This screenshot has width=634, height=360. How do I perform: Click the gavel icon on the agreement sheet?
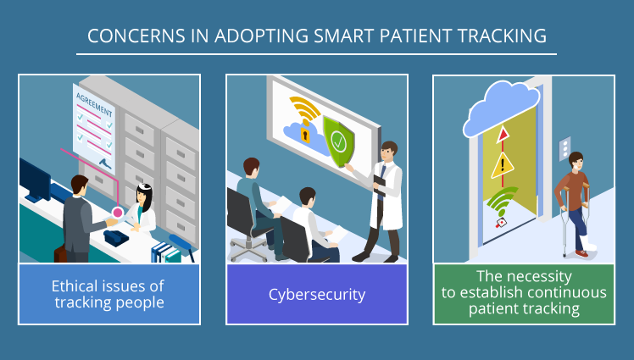point(103,158)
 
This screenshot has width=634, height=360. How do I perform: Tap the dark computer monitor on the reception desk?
point(36,180)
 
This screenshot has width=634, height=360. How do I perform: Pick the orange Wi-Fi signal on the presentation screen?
point(304,110)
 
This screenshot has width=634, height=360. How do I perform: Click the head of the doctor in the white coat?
point(387,153)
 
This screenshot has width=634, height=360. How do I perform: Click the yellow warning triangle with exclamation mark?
point(503,166)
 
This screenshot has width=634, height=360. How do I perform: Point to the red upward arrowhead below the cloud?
point(503,134)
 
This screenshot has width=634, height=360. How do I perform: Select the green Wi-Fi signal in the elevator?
point(503,205)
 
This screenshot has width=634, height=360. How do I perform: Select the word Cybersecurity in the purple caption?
point(317,295)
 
